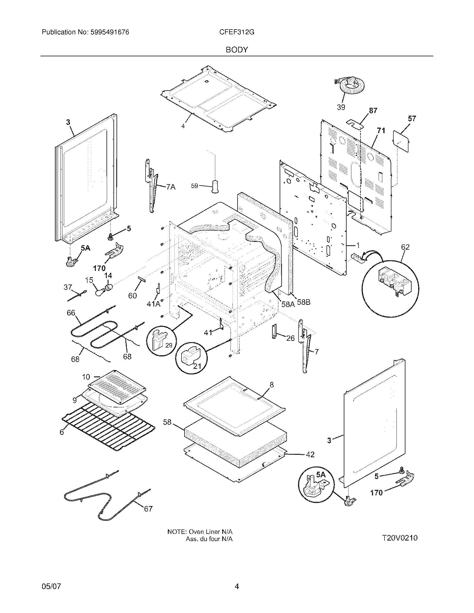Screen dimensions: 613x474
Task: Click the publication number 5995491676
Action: click(x=110, y=32)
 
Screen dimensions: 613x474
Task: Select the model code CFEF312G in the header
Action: click(x=237, y=32)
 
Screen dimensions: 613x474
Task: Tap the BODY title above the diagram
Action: click(x=237, y=50)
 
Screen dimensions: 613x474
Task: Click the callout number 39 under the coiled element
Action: click(x=341, y=107)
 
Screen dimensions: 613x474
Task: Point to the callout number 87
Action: click(x=373, y=111)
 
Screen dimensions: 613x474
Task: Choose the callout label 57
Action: click(x=412, y=119)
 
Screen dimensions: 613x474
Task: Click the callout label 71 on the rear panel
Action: click(x=381, y=130)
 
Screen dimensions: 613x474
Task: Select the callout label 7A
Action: click(x=170, y=187)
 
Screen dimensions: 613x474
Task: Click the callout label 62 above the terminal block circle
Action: click(x=405, y=247)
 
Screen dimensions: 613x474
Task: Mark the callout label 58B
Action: click(x=303, y=302)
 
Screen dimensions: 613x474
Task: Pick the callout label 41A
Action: click(x=153, y=304)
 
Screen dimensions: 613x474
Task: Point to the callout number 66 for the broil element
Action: click(x=71, y=313)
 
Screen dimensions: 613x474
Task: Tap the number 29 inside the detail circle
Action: click(x=168, y=346)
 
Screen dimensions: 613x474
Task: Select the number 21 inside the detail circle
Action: click(x=197, y=366)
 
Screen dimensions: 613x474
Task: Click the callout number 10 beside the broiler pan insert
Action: click(x=86, y=377)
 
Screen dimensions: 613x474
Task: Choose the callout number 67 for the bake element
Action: click(x=148, y=509)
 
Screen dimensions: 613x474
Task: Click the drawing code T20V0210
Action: click(x=399, y=538)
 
